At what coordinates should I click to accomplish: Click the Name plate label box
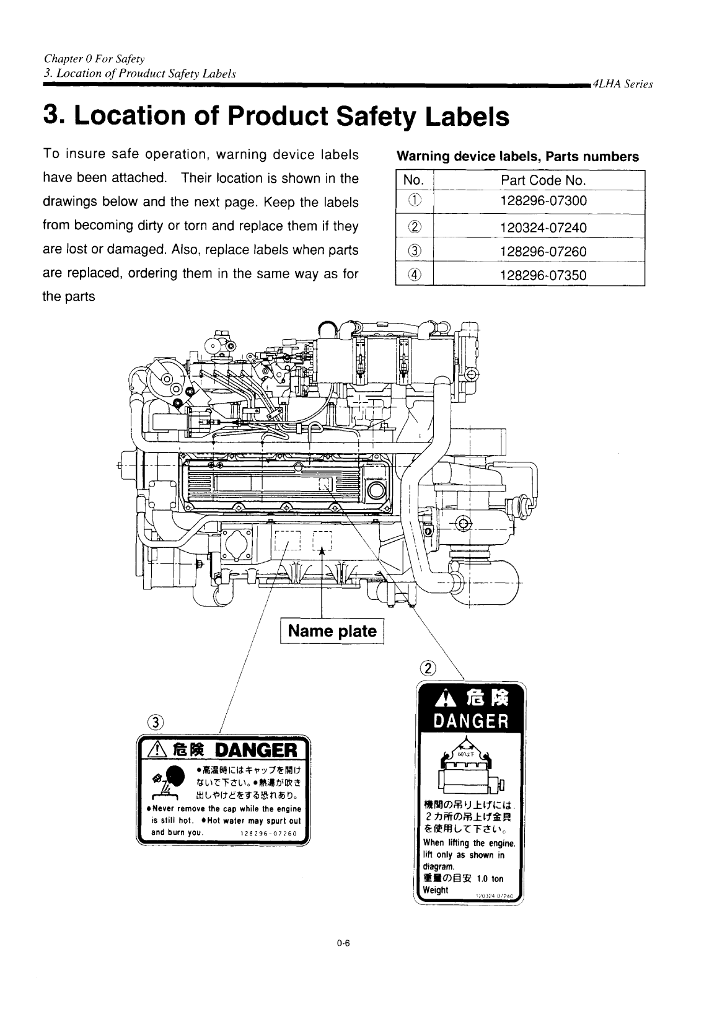332,631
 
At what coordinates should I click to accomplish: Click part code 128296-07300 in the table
543,201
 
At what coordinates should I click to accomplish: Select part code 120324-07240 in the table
543,227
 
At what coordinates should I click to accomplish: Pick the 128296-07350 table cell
543,275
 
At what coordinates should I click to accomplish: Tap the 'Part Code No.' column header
543,180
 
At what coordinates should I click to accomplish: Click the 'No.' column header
413,180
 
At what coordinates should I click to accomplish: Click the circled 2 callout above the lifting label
428,668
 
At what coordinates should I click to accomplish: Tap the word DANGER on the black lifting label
471,721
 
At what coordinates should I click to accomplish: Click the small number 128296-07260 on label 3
268,832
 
